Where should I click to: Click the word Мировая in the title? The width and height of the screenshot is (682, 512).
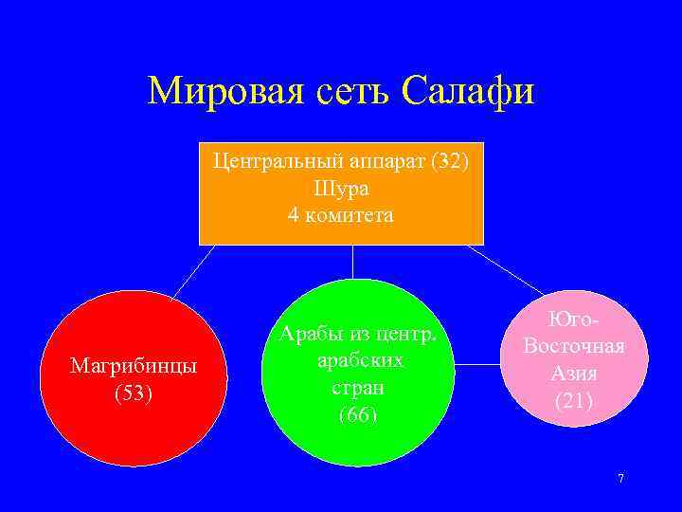217,92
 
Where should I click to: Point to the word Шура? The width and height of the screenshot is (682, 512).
341,188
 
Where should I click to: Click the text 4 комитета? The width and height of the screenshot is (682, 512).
341,215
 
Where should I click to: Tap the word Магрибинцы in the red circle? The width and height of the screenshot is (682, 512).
134,366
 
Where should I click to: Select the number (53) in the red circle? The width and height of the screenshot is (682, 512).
134,393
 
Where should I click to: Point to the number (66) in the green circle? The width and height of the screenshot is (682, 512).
357,414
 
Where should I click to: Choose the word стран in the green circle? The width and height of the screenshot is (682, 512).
357,388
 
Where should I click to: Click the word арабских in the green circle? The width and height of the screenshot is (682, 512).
357,360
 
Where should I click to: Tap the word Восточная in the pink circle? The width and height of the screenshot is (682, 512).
574,345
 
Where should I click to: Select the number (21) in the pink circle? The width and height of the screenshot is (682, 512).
574,400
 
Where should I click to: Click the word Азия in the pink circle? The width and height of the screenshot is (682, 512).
574,373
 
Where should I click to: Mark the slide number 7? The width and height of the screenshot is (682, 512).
620,479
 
